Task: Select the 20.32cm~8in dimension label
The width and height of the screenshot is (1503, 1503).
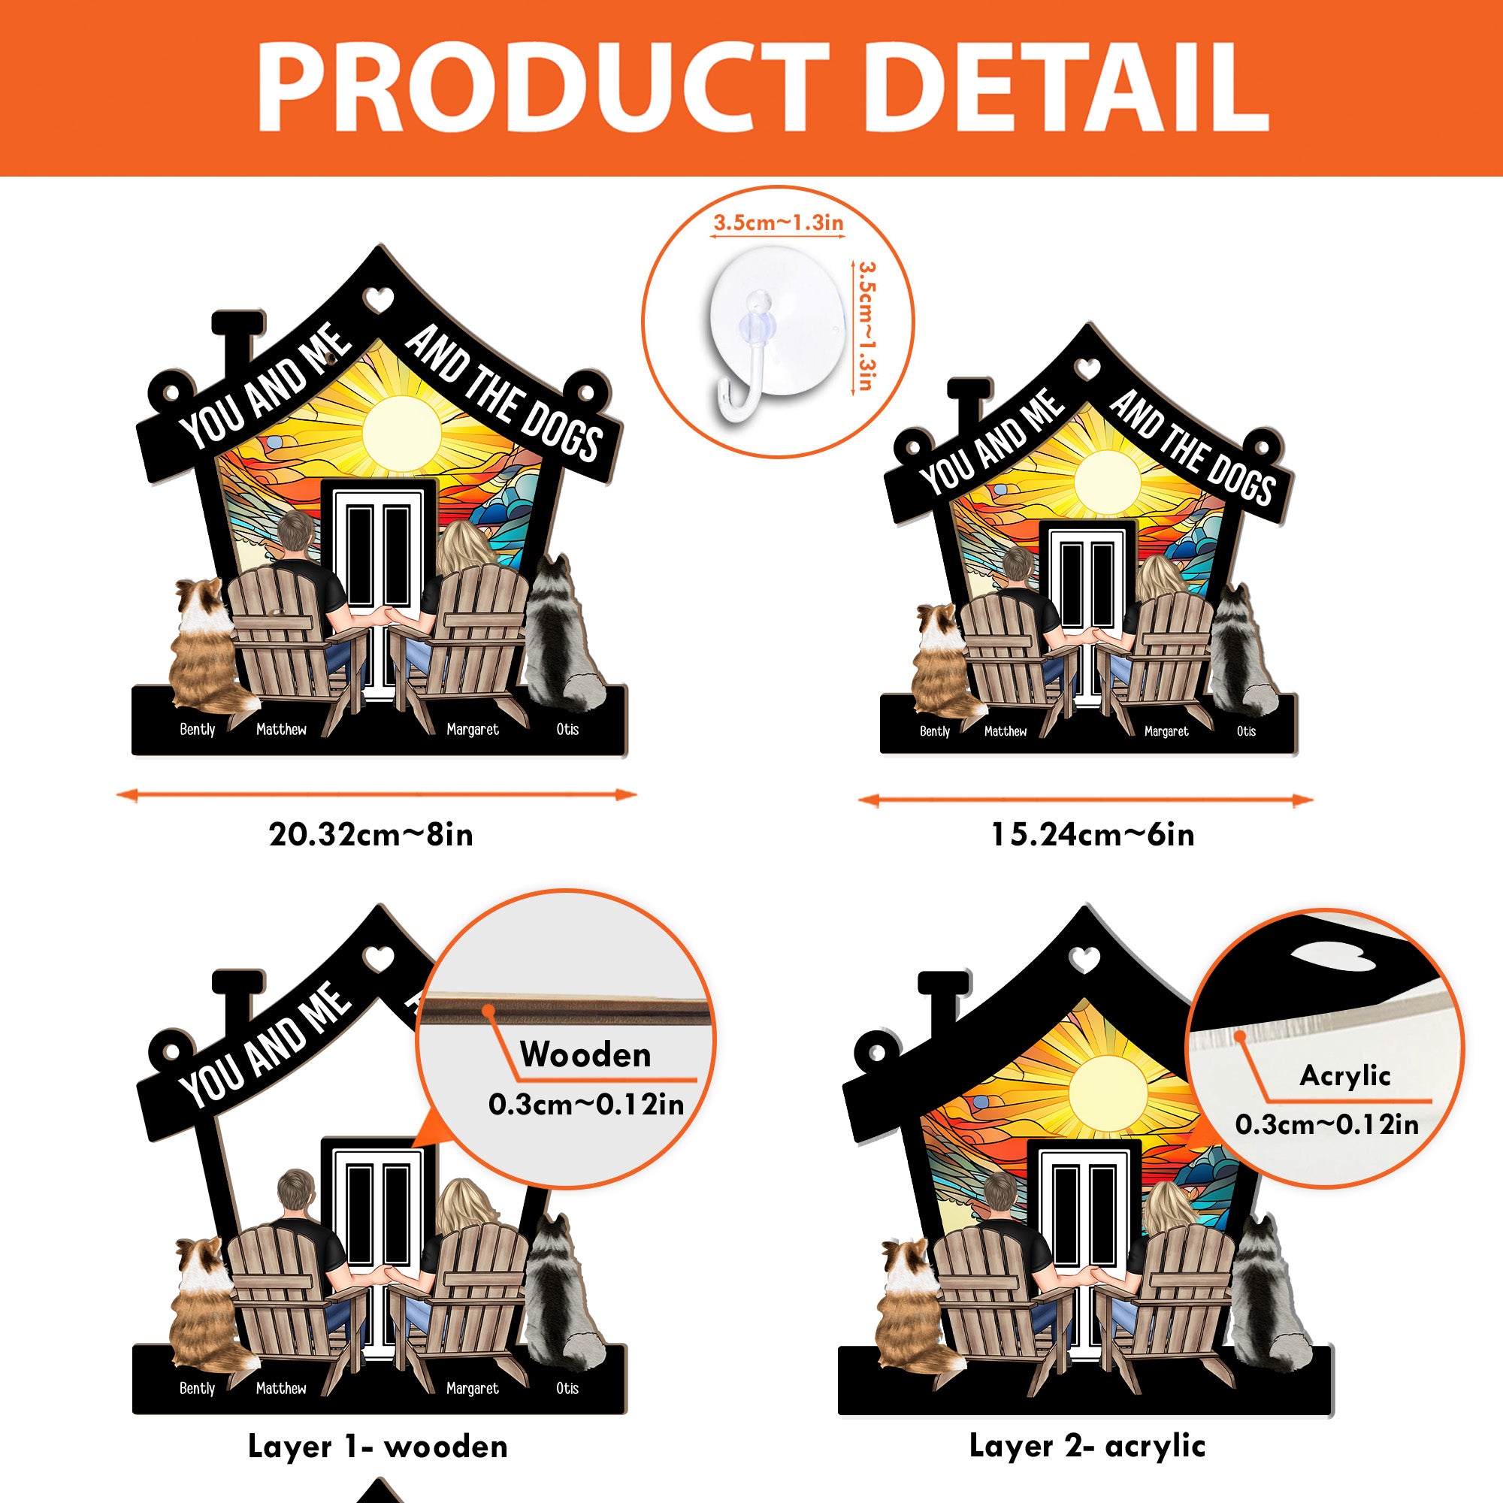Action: point(371,835)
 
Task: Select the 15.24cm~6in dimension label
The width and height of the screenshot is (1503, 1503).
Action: point(1092,835)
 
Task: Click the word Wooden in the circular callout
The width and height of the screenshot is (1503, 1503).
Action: point(585,1055)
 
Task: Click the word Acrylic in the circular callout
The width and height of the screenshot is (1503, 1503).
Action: point(1345,1076)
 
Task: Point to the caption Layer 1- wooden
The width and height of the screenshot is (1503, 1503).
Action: point(377,1446)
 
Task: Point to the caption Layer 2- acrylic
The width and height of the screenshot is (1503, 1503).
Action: point(1087,1445)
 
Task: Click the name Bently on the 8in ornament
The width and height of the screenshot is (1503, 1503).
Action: point(197,729)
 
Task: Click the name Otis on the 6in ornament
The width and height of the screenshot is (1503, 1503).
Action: point(1246,731)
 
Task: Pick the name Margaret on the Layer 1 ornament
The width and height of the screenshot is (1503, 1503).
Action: point(472,1388)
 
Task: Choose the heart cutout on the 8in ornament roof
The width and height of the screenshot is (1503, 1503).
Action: point(380,301)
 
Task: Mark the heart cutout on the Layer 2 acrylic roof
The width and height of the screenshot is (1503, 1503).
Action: point(1084,959)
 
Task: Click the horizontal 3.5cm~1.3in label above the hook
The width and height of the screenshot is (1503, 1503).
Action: point(779,223)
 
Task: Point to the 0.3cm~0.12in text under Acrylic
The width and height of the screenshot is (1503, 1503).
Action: point(1327,1124)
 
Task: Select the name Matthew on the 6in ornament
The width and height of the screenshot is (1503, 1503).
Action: point(1005,731)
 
